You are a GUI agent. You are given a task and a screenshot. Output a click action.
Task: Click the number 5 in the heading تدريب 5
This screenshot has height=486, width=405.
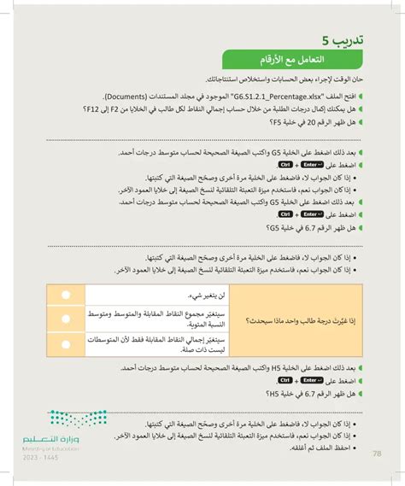[x=327, y=38]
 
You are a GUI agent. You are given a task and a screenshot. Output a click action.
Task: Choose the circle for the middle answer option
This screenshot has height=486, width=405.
[x=65, y=318]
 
